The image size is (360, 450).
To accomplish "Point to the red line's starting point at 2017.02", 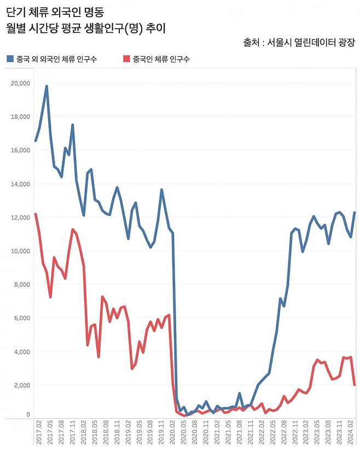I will click(36, 214).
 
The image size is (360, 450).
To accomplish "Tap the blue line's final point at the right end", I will click(355, 212).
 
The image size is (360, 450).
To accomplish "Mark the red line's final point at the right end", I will click(355, 385).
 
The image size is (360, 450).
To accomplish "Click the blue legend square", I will click(10, 59).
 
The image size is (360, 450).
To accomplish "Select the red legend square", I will click(127, 59).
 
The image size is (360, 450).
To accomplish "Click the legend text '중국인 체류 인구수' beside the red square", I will click(161, 59).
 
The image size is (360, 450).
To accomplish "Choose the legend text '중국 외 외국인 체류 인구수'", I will click(57, 59).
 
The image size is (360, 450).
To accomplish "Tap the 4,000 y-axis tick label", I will click(22, 351).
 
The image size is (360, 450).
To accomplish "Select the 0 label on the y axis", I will click(28, 415).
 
